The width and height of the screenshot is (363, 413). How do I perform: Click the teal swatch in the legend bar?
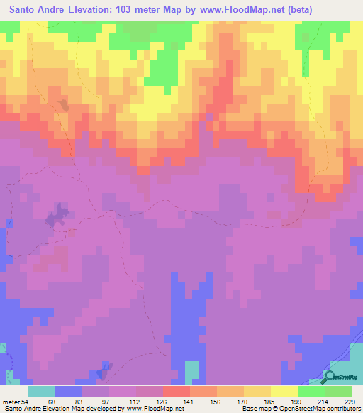point(43,390)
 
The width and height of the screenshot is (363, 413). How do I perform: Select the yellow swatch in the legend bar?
point(283,390)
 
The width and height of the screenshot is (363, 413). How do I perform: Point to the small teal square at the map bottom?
point(192,371)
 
